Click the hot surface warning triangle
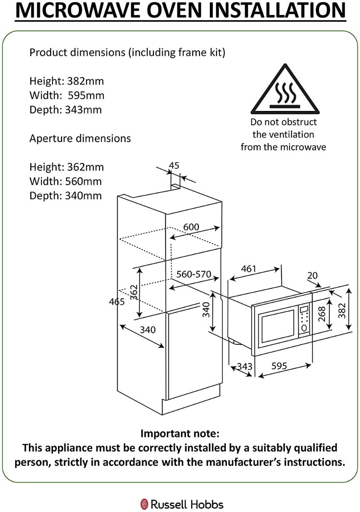(x=284, y=90)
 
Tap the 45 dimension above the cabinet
(x=174, y=166)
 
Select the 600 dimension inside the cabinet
(x=191, y=227)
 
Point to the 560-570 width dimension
(x=194, y=274)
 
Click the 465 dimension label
(x=116, y=302)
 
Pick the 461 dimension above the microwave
(x=249, y=269)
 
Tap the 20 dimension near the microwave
(x=313, y=276)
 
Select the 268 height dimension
(x=322, y=314)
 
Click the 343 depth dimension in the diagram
(x=244, y=367)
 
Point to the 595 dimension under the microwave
(x=279, y=366)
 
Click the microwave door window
(x=278, y=325)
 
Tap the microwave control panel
(x=304, y=320)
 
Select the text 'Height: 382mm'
(x=67, y=81)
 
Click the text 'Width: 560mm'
(x=66, y=181)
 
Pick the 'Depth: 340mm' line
(x=66, y=196)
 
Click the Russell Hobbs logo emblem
(x=144, y=504)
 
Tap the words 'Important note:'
(x=180, y=434)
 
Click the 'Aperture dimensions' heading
(x=80, y=139)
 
